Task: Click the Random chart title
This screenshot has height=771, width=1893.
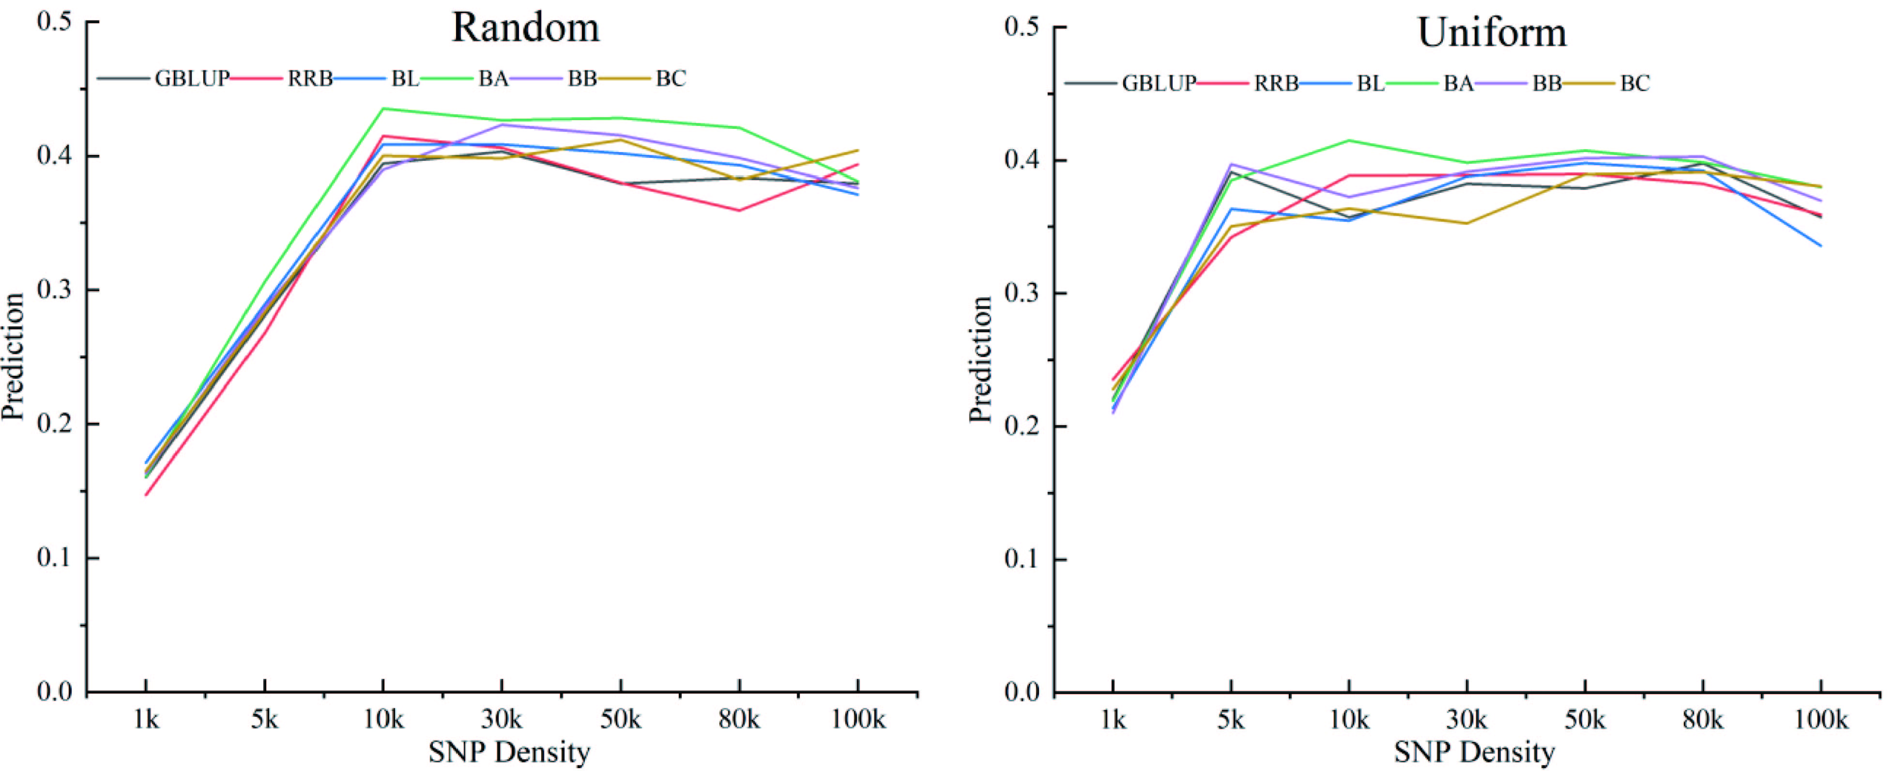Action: [x=525, y=28]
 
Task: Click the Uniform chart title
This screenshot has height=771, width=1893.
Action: [x=1492, y=33]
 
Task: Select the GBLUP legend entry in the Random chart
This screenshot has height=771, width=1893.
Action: [x=192, y=78]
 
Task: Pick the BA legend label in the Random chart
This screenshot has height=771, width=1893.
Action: [x=493, y=78]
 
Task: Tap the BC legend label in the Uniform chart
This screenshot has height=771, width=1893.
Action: [x=1634, y=83]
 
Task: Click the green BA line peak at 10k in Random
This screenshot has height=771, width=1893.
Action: [x=383, y=109]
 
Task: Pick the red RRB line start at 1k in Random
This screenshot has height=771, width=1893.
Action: [x=146, y=494]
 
